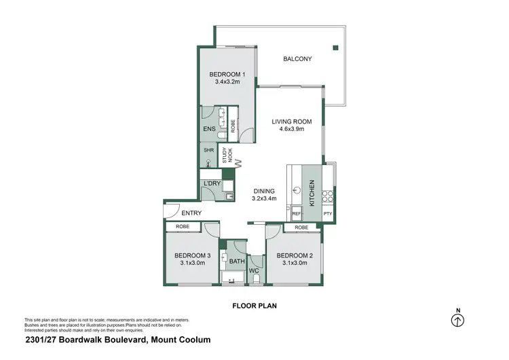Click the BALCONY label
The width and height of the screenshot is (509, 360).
(297, 59)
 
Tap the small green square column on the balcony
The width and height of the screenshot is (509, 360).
(335, 48)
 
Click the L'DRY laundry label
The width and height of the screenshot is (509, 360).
(210, 184)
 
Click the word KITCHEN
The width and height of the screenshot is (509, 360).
(312, 193)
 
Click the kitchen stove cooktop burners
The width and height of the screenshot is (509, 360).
(328, 196)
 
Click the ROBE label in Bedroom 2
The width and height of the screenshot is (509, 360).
(302, 228)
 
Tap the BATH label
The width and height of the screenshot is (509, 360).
(237, 261)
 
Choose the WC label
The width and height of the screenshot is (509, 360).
(255, 271)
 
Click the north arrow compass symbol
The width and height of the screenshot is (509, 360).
(458, 321)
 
